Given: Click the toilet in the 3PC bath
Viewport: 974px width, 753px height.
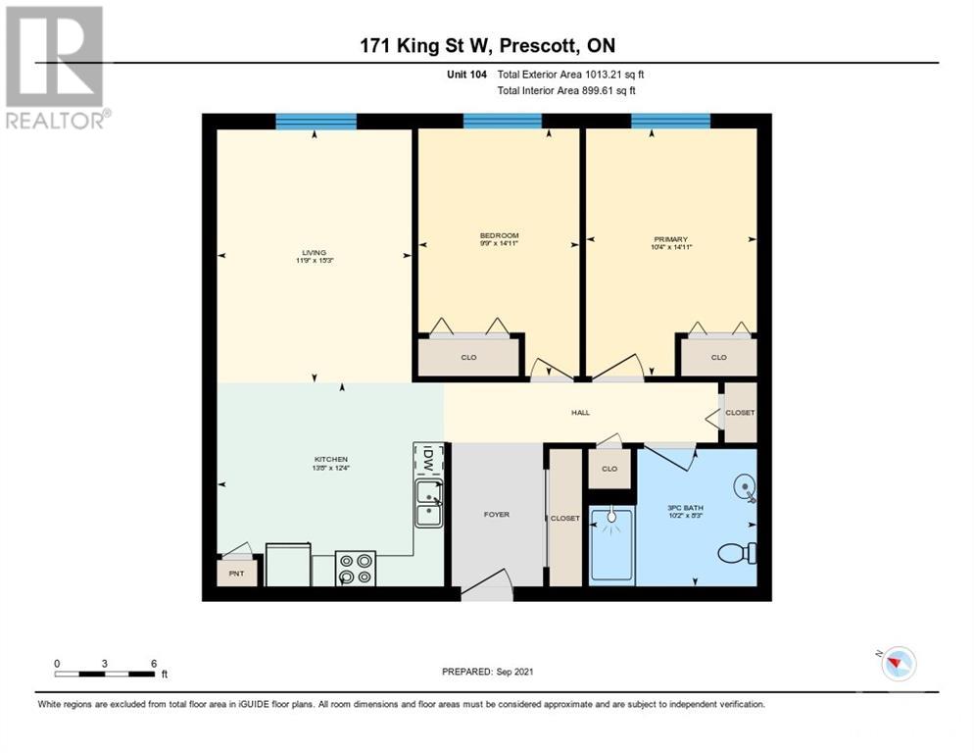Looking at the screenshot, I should (737, 553).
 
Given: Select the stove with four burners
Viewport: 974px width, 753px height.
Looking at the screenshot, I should (355, 568).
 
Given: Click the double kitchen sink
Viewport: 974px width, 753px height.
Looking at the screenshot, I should (428, 503).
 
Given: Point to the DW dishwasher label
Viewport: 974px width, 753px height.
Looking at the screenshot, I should (429, 459).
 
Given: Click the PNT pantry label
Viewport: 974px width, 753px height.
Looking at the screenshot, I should (236, 572).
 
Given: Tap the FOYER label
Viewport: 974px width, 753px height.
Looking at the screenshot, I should (497, 514).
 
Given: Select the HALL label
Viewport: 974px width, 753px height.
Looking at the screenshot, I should (580, 413).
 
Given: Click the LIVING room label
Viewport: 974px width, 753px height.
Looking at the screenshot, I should (314, 252).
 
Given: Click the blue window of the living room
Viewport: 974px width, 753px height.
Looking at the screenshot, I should (316, 122).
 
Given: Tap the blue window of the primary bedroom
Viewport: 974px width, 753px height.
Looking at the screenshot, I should (670, 122).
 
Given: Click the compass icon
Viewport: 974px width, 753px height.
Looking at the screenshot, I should (897, 664).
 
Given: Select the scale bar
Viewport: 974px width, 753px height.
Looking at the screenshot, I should (105, 674).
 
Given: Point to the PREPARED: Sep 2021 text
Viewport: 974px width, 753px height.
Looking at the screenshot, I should (487, 672).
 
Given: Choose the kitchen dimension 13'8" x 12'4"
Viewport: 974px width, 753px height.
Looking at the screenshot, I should (331, 468).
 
